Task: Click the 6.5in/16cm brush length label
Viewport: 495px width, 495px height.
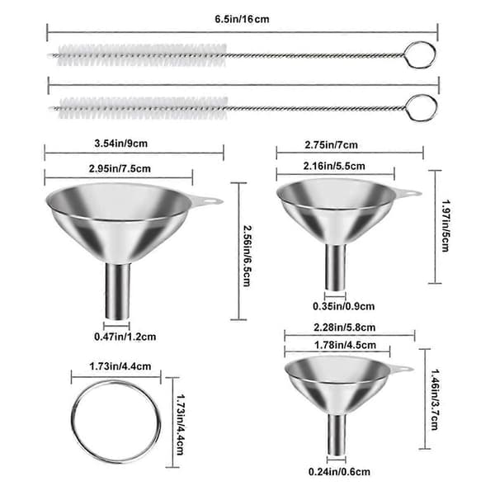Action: tap(242, 19)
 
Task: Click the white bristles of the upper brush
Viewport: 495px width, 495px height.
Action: tap(143, 55)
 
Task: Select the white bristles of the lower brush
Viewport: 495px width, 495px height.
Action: tap(144, 108)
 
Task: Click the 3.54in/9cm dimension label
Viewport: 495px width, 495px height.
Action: tap(121, 144)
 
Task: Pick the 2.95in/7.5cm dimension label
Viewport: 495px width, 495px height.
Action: tap(120, 168)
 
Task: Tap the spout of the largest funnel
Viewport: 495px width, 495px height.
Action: tap(117, 291)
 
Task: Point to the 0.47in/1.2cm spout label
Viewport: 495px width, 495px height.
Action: tap(125, 337)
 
